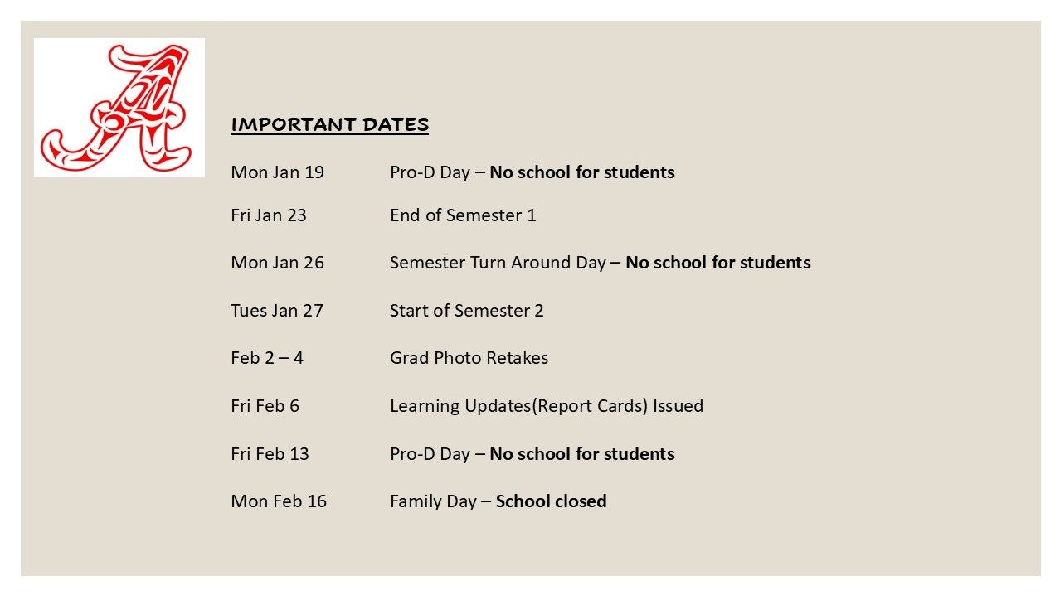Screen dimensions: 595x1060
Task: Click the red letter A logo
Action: pyautogui.click(x=119, y=107)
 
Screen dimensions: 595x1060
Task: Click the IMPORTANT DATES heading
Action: pyautogui.click(x=329, y=124)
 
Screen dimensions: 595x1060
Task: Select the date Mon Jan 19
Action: pyautogui.click(x=277, y=172)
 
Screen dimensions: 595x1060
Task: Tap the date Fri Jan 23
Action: pyautogui.click(x=268, y=215)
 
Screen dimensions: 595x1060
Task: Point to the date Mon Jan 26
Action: pyautogui.click(x=277, y=263)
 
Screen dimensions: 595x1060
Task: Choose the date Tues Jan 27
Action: pyautogui.click(x=276, y=311)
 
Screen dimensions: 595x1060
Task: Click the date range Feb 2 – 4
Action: pyautogui.click(x=266, y=358)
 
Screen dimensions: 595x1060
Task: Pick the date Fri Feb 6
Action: pyautogui.click(x=265, y=406)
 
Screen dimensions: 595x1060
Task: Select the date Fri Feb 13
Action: pyautogui.click(x=270, y=454)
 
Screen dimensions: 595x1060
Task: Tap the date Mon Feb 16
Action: pyautogui.click(x=279, y=501)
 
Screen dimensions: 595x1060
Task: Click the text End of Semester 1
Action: pyautogui.click(x=463, y=215)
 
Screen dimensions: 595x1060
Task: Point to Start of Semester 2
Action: pyautogui.click(x=466, y=311)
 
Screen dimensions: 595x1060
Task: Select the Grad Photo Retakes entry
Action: pyautogui.click(x=469, y=358)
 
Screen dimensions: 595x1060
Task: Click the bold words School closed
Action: pyautogui.click(x=551, y=501)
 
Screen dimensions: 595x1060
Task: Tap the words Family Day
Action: pyautogui.click(x=433, y=501)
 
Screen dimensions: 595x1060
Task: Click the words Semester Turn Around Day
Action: pyautogui.click(x=498, y=263)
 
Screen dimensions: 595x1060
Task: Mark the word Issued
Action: pyautogui.click(x=678, y=406)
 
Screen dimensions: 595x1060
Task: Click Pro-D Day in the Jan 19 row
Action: pyautogui.click(x=430, y=172)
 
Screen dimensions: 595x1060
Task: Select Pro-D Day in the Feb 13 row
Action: pyautogui.click(x=430, y=454)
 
